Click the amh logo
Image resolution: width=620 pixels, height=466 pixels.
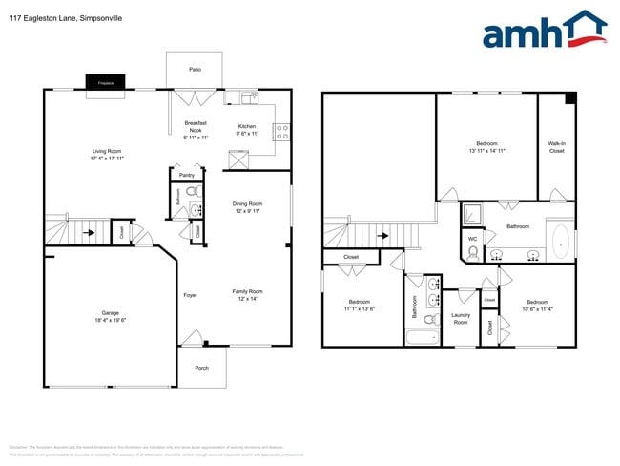[545, 32]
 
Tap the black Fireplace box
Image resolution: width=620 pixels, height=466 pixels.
[105, 83]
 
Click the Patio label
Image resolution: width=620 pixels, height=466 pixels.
[195, 70]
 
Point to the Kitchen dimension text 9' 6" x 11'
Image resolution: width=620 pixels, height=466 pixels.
[247, 134]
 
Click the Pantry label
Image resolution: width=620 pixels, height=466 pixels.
[187, 175]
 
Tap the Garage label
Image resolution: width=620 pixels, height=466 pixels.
[111, 313]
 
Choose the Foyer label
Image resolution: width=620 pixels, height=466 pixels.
[190, 295]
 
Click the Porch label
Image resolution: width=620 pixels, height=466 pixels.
[201, 367]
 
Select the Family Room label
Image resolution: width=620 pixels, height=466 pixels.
[247, 291]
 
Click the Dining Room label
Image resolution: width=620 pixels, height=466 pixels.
[247, 203]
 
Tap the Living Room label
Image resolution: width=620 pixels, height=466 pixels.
[106, 151]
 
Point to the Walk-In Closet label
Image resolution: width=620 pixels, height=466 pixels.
[557, 147]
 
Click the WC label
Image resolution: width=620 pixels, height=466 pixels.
[472, 238]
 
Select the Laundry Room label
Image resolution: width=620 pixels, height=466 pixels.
[461, 319]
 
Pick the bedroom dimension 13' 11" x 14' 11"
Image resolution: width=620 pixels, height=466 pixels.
[486, 151]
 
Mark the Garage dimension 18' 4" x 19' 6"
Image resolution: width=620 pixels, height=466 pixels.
[111, 320]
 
